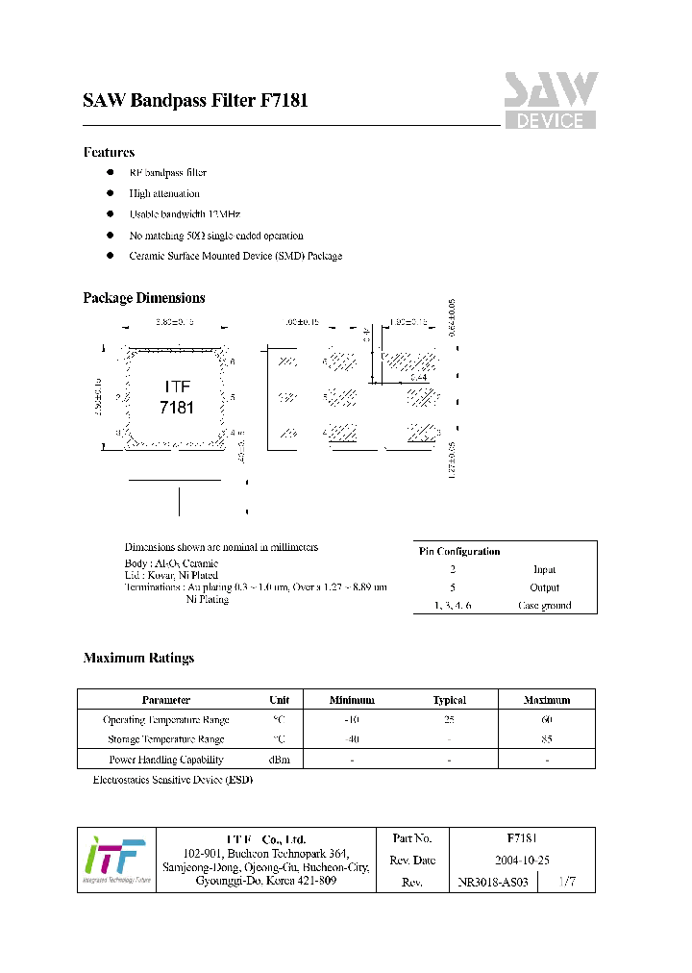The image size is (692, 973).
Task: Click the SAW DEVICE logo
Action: click(551, 101)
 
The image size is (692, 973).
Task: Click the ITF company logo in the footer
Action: click(115, 859)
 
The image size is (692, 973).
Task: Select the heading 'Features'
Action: click(109, 152)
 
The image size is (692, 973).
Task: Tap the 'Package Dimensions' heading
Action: click(144, 298)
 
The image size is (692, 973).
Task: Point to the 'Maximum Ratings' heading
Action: click(138, 658)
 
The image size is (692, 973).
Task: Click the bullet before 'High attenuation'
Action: click(110, 193)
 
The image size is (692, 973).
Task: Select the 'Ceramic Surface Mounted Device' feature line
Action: click(235, 256)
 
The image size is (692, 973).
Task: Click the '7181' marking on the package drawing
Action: click(177, 408)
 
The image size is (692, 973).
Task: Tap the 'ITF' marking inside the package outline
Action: click(177, 387)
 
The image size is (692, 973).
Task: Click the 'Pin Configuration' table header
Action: click(459, 552)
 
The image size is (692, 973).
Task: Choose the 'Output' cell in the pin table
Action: click(544, 587)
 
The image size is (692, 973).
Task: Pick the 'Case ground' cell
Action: click(544, 606)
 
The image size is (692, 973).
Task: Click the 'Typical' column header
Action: click(449, 700)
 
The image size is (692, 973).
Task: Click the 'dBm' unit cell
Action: click(279, 760)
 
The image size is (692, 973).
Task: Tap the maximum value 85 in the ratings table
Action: click(546, 739)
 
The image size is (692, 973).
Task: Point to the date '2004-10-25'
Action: click(522, 861)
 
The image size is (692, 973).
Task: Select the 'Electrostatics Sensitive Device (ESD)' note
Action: click(172, 780)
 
